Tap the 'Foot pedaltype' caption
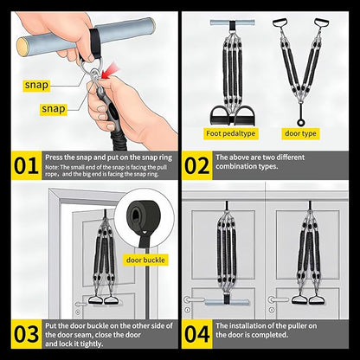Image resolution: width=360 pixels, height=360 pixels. coord(230,134)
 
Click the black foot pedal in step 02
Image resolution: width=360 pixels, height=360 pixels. coord(229,113)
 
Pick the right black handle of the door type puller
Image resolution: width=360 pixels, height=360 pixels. coord(327,23)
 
